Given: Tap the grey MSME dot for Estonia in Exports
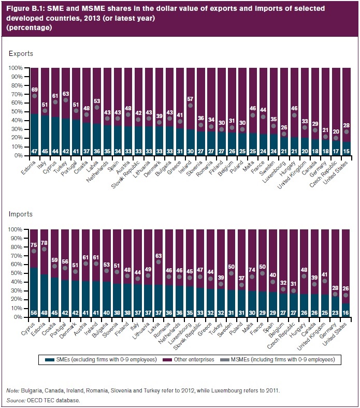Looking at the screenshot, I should [x=35, y=96].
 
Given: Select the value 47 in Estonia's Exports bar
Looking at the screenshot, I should [x=35, y=151].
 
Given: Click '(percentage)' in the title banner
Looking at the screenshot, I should [x=26, y=27].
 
